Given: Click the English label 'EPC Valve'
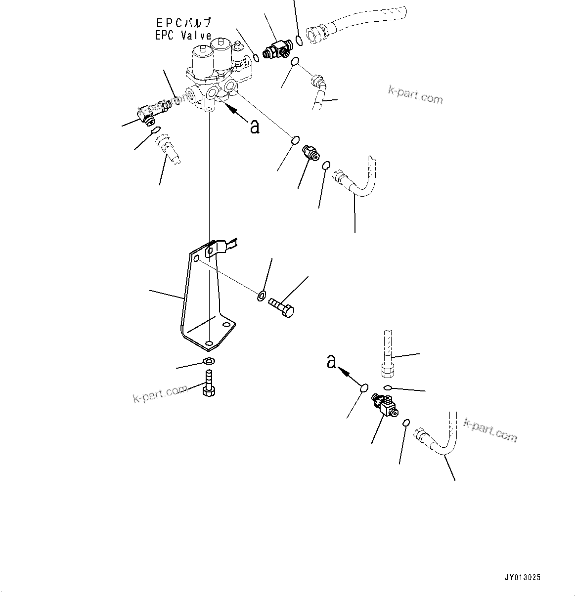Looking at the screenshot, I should (x=183, y=36).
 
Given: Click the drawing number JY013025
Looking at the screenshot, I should (x=523, y=577).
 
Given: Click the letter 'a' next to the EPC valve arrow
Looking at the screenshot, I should (x=255, y=127).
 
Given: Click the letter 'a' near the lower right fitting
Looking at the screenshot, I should (x=331, y=362).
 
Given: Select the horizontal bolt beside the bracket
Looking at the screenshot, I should (x=282, y=306).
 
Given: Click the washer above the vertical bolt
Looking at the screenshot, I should (x=209, y=361).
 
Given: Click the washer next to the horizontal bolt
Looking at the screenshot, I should (x=261, y=297).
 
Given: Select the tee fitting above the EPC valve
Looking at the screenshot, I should (x=278, y=50).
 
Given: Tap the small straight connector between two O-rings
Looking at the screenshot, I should (x=310, y=153).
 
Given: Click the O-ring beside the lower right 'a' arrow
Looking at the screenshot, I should (x=364, y=388).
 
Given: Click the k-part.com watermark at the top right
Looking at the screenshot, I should (x=415, y=95).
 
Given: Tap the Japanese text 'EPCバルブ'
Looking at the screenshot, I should (x=183, y=23).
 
